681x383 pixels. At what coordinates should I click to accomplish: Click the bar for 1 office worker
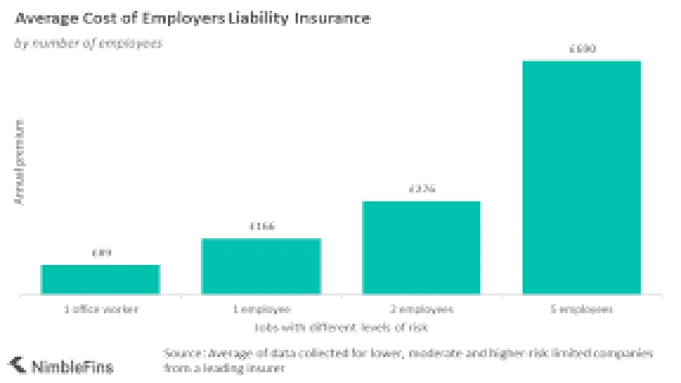pos(100,280)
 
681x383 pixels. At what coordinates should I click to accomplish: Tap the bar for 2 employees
pos(422,248)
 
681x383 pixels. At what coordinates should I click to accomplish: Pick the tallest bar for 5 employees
pos(582,178)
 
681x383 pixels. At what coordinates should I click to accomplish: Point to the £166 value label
pos(262,226)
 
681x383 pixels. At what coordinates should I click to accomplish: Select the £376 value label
pos(422,188)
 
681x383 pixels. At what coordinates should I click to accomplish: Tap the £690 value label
pos(582,49)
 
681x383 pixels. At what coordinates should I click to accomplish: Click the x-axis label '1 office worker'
pos(101,310)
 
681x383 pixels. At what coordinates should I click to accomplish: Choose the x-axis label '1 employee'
pos(262,310)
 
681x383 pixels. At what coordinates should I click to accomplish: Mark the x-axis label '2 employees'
pos(422,310)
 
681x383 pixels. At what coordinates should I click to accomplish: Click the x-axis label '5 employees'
pos(582,310)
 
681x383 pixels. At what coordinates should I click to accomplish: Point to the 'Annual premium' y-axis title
pos(20,162)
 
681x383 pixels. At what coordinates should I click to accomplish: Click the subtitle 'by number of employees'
pos(88,44)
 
